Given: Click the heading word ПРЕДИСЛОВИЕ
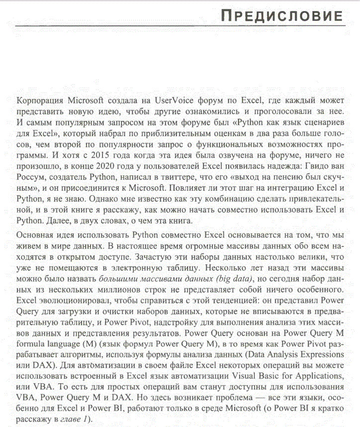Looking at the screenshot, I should coord(282,16).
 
